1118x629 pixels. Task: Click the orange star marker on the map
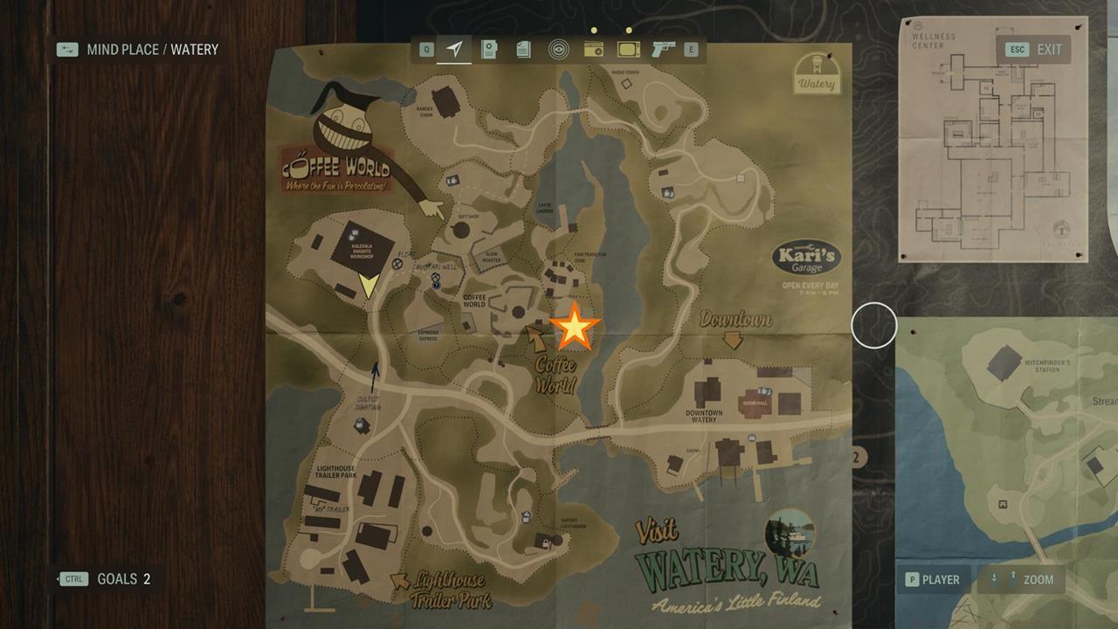[574, 328]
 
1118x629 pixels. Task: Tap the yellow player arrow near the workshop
[369, 286]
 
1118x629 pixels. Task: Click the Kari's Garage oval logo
[806, 259]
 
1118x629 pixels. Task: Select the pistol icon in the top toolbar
[664, 50]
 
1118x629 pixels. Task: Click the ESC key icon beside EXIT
[1017, 50]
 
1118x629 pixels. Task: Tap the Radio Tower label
[625, 72]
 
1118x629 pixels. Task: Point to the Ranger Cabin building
[446, 100]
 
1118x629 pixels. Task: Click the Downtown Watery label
[703, 416]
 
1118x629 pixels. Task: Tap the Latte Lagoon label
[545, 208]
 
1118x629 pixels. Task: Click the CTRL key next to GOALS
[73, 579]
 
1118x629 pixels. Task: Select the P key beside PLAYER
[911, 579]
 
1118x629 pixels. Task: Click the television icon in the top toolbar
[628, 50]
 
